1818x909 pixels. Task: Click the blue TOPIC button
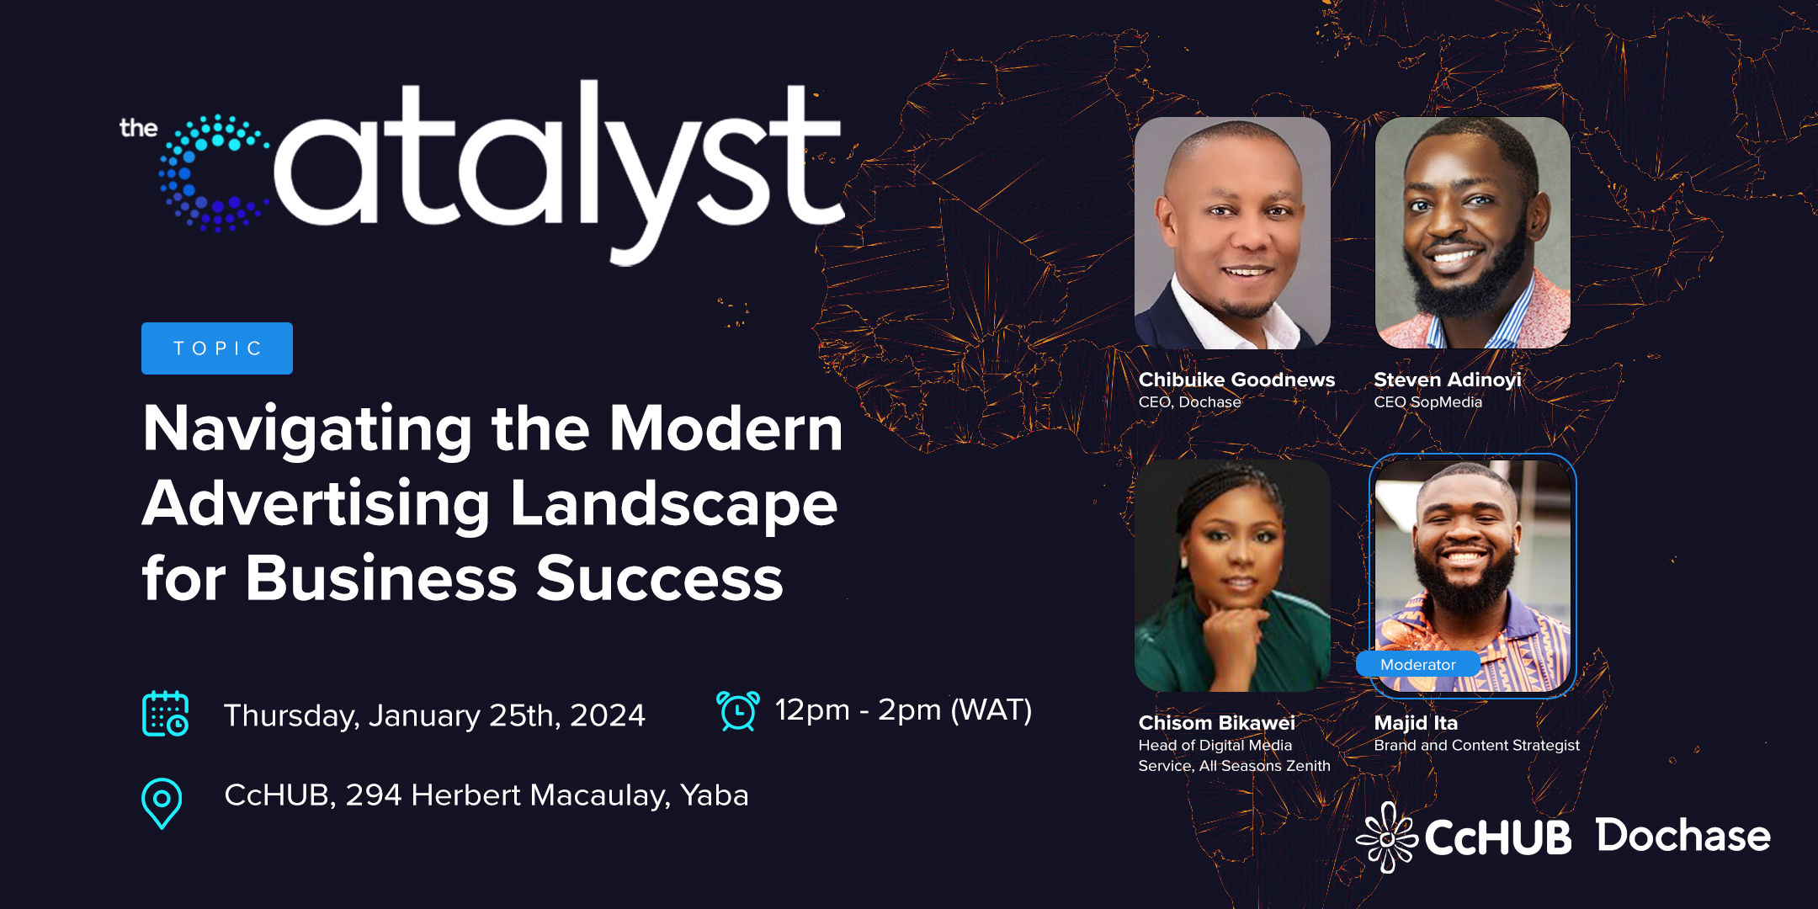(x=217, y=348)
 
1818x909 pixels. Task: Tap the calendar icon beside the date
(x=166, y=714)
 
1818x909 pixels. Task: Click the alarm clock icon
(x=738, y=710)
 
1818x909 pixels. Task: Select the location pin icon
(x=162, y=803)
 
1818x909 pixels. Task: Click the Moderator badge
(x=1418, y=664)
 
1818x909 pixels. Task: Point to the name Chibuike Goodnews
(x=1236, y=380)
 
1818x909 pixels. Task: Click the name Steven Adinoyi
(x=1448, y=380)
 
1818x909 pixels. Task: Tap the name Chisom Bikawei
(x=1216, y=723)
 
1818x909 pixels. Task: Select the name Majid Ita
(x=1416, y=723)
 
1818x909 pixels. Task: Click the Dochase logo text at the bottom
(x=1683, y=836)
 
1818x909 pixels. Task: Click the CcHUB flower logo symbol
(x=1387, y=837)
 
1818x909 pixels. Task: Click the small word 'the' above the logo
(x=139, y=128)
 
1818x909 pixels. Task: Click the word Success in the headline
(x=660, y=579)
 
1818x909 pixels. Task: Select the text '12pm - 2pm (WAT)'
(x=903, y=710)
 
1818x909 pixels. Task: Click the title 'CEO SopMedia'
(x=1427, y=402)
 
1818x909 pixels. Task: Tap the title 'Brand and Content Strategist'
(x=1476, y=746)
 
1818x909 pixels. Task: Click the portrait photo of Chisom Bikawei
(x=1232, y=576)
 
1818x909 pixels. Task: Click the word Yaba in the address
(x=714, y=795)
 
